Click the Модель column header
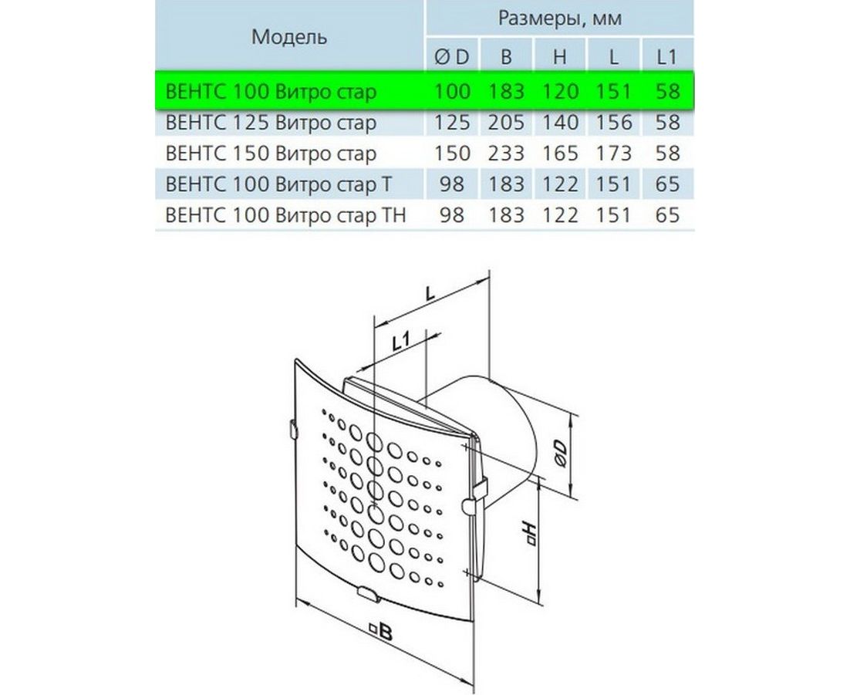[x=289, y=37]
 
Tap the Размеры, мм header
[x=560, y=19]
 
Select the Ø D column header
[x=451, y=57]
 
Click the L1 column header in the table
[x=666, y=57]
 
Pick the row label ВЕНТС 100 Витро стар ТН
[x=285, y=215]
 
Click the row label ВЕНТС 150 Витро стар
[x=271, y=154]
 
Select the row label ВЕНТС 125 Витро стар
[x=271, y=123]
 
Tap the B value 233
[x=506, y=154]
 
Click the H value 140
[x=560, y=123]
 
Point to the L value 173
[x=614, y=154]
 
